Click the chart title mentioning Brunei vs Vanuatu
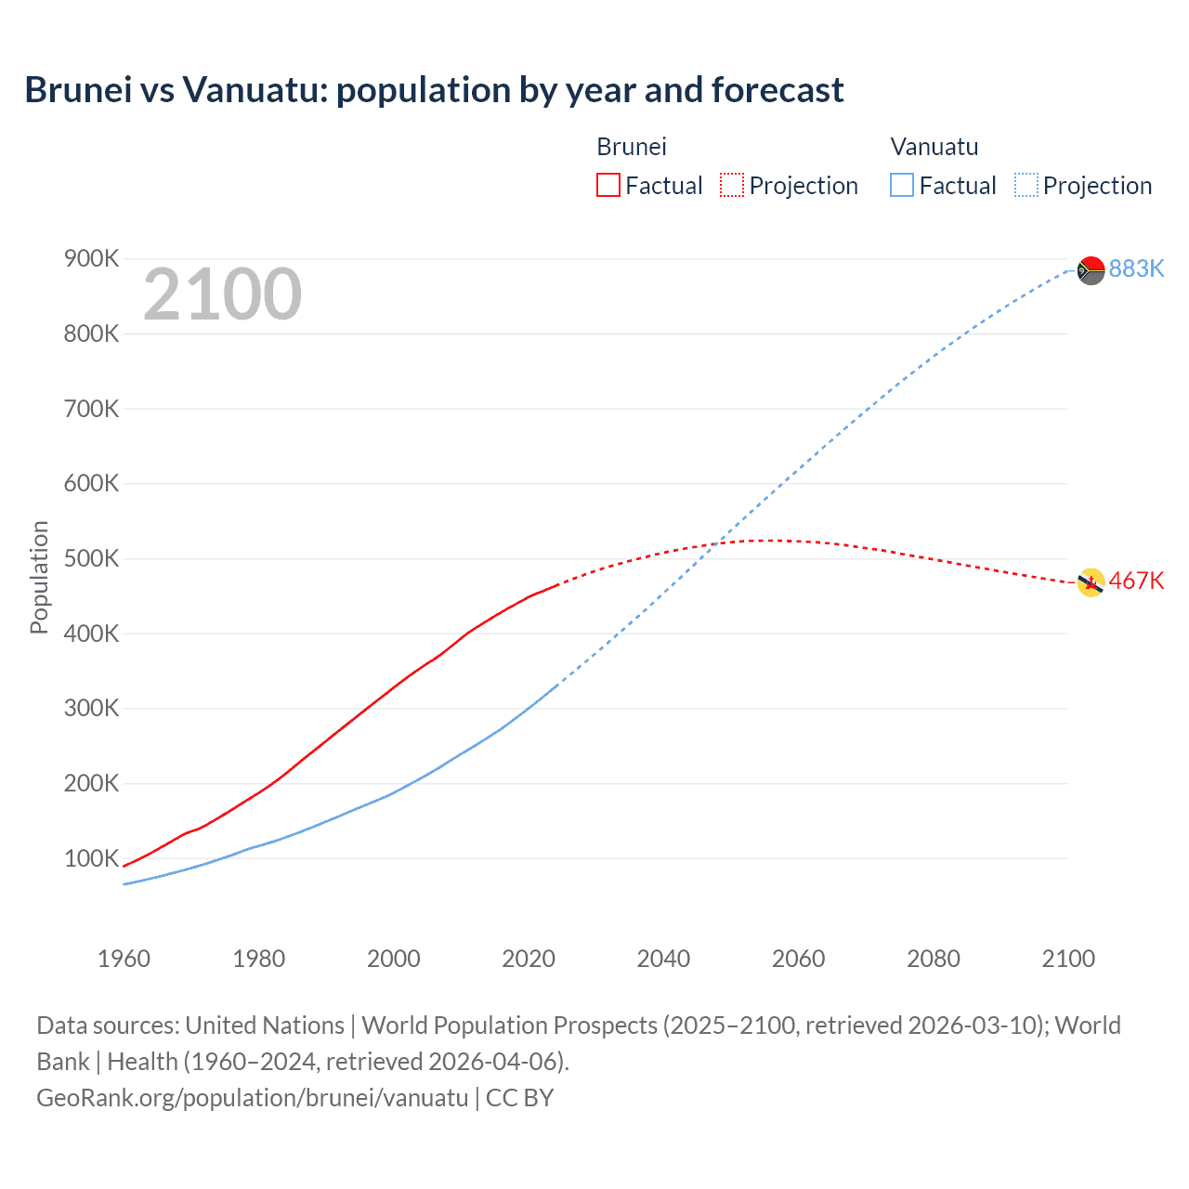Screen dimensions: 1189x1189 434,90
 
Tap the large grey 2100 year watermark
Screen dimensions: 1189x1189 222,294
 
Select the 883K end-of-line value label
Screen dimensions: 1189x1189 1136,268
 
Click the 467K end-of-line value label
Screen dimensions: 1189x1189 1136,581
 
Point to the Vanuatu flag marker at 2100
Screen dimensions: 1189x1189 1091,270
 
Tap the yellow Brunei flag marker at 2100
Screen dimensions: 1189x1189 1091,582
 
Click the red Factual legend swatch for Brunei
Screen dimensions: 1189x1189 608,185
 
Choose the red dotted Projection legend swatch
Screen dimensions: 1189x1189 732,185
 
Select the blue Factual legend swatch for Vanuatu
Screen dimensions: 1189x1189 902,185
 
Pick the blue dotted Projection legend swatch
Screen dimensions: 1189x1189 1026,185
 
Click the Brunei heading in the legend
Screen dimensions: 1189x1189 632,147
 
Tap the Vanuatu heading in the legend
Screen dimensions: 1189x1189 934,147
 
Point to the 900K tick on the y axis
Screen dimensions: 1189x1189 91,258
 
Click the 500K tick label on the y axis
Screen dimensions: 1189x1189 91,558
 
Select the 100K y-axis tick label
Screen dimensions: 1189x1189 91,858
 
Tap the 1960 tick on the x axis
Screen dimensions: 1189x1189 124,959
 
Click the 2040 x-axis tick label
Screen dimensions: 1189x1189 663,959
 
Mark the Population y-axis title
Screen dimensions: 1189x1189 39,577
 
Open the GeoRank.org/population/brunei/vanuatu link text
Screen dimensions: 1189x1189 253,1097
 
